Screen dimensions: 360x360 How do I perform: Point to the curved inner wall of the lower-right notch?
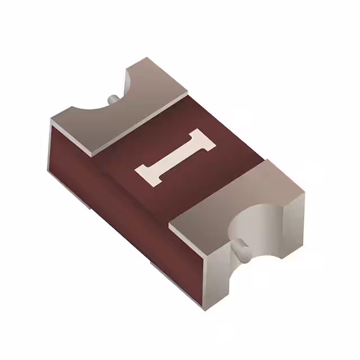(x=253, y=225)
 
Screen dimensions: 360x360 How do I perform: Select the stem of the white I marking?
(x=175, y=156)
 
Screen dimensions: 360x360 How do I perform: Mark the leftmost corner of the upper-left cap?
(x=50, y=121)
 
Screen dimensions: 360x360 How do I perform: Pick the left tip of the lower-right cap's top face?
(x=170, y=227)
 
